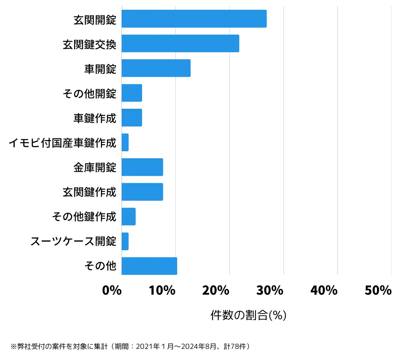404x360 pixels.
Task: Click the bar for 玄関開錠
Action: point(194,19)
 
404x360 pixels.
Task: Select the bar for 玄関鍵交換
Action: point(180,43)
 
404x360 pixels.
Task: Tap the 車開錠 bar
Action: point(156,68)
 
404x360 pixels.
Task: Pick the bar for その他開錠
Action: point(132,93)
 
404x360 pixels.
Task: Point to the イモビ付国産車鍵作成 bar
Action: point(125,142)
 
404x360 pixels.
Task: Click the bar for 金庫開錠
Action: point(142,167)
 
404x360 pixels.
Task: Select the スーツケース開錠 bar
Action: point(125,241)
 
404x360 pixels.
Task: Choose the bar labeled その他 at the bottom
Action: point(149,266)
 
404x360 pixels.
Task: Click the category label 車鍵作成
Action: point(95,118)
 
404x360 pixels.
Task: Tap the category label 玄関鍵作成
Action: point(90,192)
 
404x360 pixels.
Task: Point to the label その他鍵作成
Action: point(84,217)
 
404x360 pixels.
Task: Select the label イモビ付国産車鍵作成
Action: point(63,143)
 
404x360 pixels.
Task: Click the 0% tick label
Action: point(112,290)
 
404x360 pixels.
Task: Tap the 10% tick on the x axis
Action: point(162,290)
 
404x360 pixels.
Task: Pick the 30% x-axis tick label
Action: point(270,290)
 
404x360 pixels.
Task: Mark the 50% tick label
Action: point(378,290)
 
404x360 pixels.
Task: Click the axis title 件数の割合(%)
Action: point(248,315)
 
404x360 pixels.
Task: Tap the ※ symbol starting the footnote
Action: point(13,347)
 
